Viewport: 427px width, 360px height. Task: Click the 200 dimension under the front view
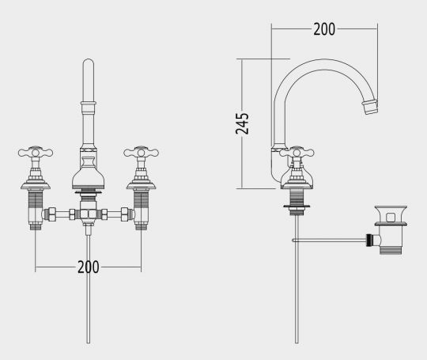pos(88,267)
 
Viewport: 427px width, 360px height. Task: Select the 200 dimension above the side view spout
pos(323,29)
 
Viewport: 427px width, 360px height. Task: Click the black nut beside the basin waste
pos(369,239)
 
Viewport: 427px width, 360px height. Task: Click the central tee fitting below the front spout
pos(88,214)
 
